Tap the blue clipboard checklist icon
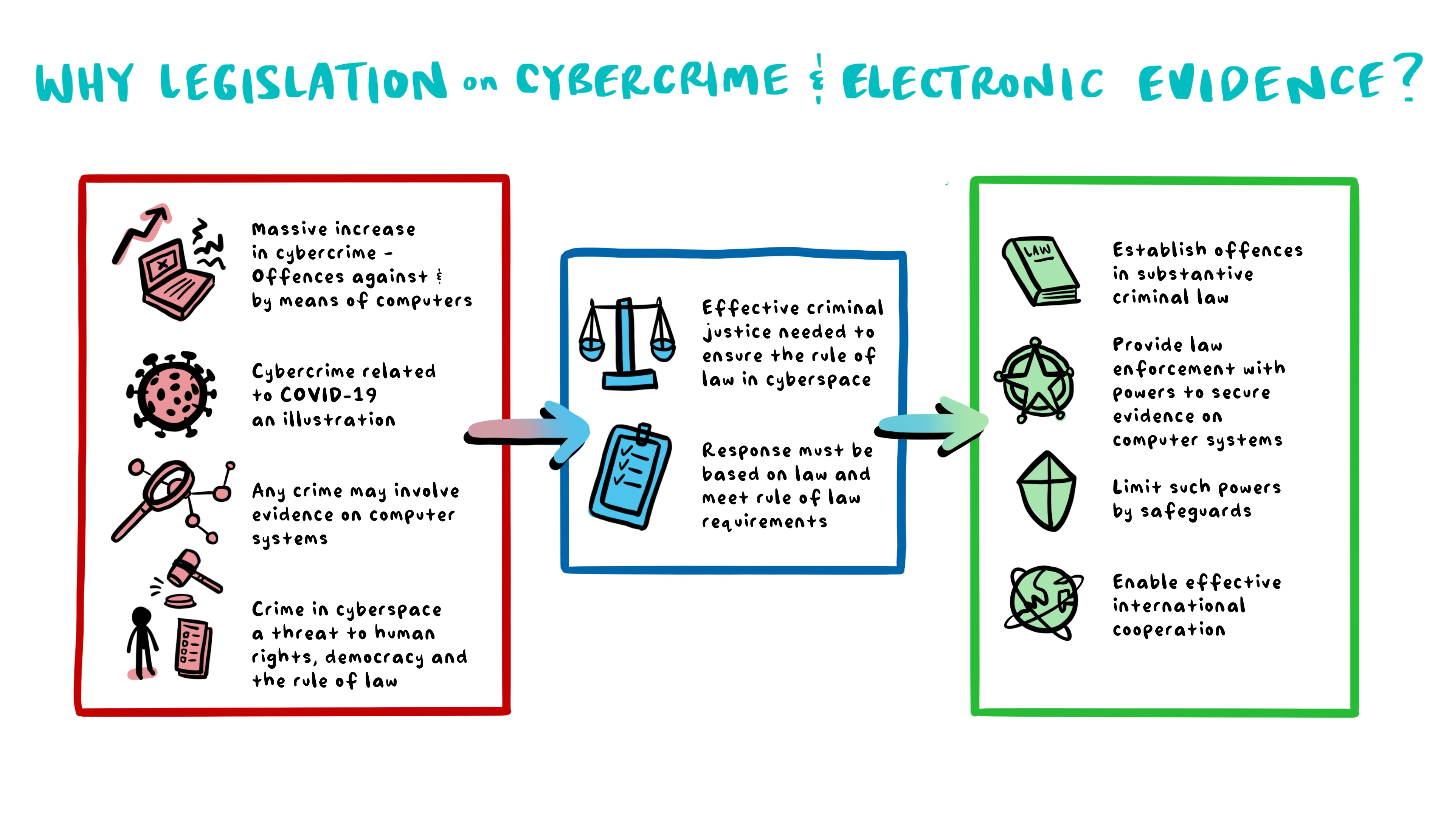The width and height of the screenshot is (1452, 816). pyautogui.click(x=630, y=477)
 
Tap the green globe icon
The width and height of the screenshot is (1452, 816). pyautogui.click(x=1044, y=602)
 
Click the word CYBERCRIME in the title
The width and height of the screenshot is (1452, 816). pyautogui.click(x=652, y=80)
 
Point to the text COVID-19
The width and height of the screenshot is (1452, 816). pyautogui.click(x=329, y=395)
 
